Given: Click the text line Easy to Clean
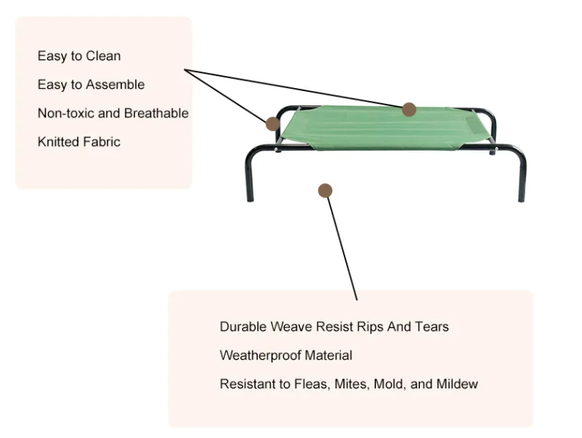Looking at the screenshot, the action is [x=79, y=56].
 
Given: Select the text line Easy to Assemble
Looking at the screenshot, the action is [x=91, y=85].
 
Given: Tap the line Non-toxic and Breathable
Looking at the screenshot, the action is [x=113, y=114].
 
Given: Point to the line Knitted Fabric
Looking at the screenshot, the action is [x=79, y=142].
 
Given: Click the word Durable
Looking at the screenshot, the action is [x=244, y=327].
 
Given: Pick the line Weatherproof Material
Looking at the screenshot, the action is [x=286, y=355].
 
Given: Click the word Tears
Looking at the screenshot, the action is [x=432, y=327].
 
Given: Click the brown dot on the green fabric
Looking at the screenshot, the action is [x=409, y=109].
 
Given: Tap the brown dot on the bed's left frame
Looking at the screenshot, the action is [x=272, y=123].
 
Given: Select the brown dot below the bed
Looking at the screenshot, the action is [x=325, y=190].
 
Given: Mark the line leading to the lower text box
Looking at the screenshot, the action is [x=342, y=245].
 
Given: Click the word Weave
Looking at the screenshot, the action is [x=292, y=327].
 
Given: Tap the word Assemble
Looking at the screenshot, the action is [x=115, y=85].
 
